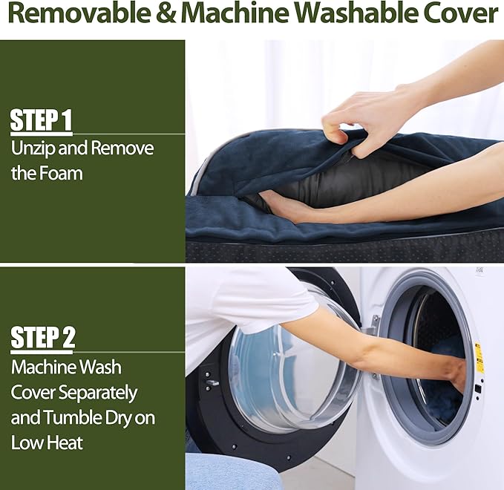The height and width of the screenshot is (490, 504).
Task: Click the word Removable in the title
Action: tap(80, 13)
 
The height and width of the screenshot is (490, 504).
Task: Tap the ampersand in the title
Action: tap(166, 13)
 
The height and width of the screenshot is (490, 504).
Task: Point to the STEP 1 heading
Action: tap(41, 120)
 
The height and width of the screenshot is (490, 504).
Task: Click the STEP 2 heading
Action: tap(43, 337)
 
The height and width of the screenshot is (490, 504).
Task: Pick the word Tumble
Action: tap(65, 417)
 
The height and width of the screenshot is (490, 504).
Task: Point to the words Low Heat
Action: tap(47, 442)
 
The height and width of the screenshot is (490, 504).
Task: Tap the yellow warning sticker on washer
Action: tap(479, 357)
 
